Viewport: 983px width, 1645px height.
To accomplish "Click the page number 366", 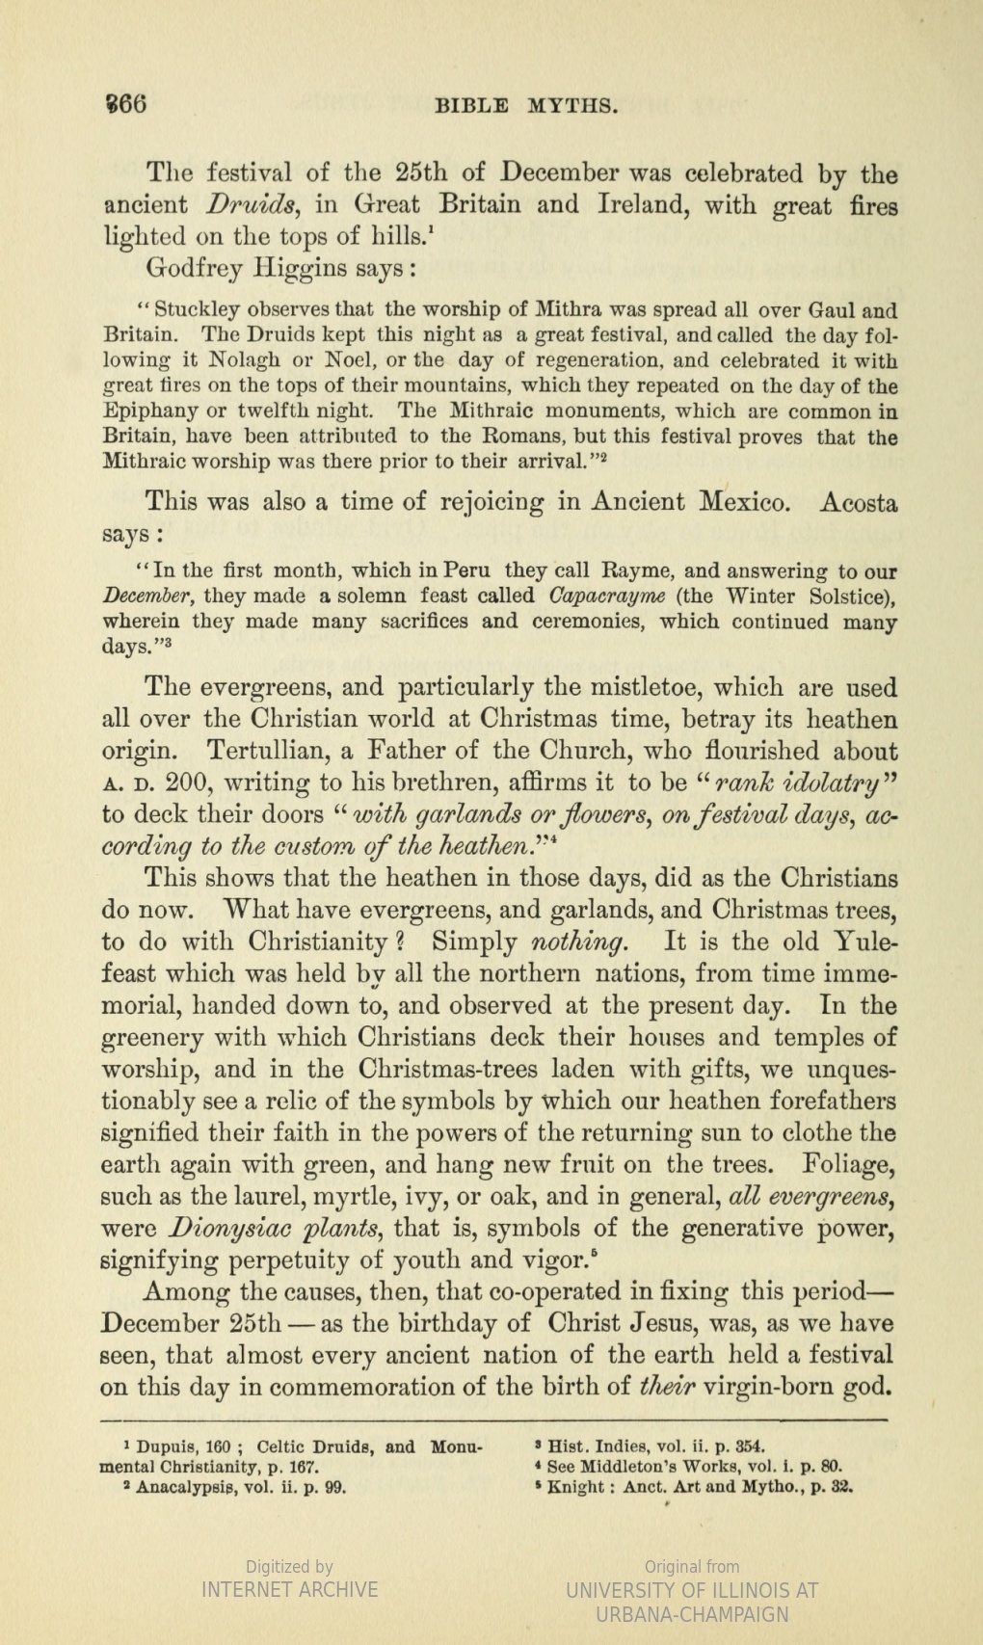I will pyautogui.click(x=124, y=103).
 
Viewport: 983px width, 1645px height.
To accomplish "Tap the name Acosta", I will pyautogui.click(x=858, y=502).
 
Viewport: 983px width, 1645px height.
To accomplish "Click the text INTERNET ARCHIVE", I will pyautogui.click(x=289, y=1589).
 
